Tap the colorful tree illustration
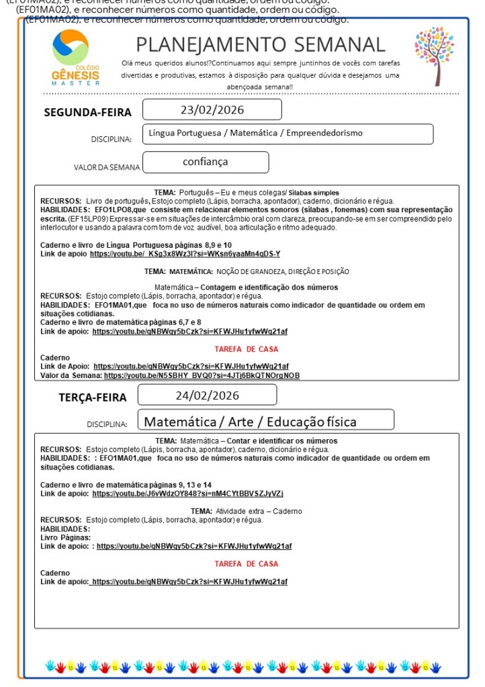434,56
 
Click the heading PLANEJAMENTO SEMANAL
261,45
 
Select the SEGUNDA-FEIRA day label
87,112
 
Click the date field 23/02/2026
212,110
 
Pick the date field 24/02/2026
207,395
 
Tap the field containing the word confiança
206,162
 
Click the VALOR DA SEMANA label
107,167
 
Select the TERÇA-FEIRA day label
93,398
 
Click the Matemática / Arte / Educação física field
266,422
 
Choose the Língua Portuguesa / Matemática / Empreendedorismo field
288,133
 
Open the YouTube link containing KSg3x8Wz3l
185,254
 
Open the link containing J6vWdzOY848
187,494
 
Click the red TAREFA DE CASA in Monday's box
246,349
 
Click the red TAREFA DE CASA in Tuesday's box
246,563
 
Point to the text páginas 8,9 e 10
201,245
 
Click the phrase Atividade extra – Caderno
254,511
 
